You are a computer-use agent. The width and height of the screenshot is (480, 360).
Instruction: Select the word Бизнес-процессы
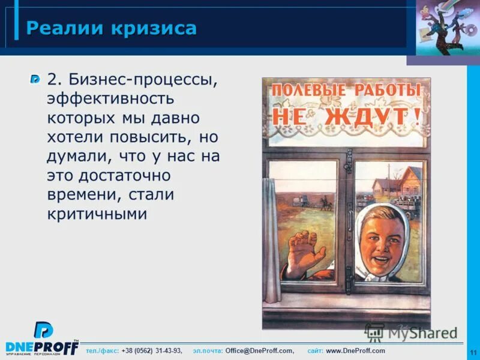click(x=141, y=79)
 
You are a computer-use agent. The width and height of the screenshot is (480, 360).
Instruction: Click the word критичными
click(x=97, y=214)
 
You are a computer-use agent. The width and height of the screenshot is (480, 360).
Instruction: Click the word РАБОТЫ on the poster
click(x=387, y=91)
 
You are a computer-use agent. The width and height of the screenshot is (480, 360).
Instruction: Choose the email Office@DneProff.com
click(x=259, y=351)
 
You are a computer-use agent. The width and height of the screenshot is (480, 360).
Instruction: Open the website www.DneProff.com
click(x=356, y=351)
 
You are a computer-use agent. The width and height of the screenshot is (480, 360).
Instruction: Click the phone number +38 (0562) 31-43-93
click(x=151, y=351)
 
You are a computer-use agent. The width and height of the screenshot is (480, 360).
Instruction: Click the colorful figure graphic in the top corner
click(x=443, y=28)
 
